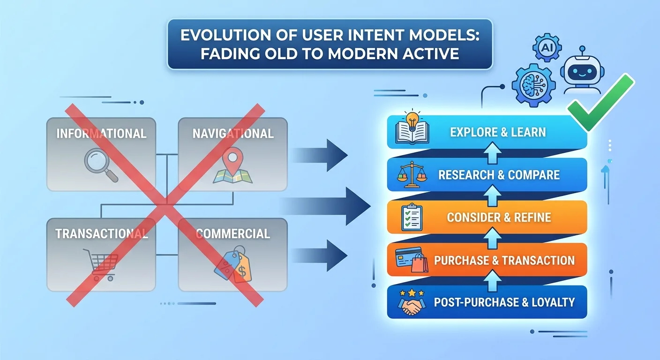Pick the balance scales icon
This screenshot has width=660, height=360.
(412, 174)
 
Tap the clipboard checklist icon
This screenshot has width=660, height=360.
(412, 217)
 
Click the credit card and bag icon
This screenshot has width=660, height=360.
(412, 260)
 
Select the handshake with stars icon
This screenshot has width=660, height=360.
(412, 302)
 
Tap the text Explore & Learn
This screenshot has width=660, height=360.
(498, 132)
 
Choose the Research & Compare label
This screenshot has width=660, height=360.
(499, 175)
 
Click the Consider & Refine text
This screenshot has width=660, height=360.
(499, 217)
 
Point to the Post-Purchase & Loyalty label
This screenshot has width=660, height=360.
(504, 302)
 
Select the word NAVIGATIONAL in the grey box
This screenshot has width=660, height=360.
(232, 134)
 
